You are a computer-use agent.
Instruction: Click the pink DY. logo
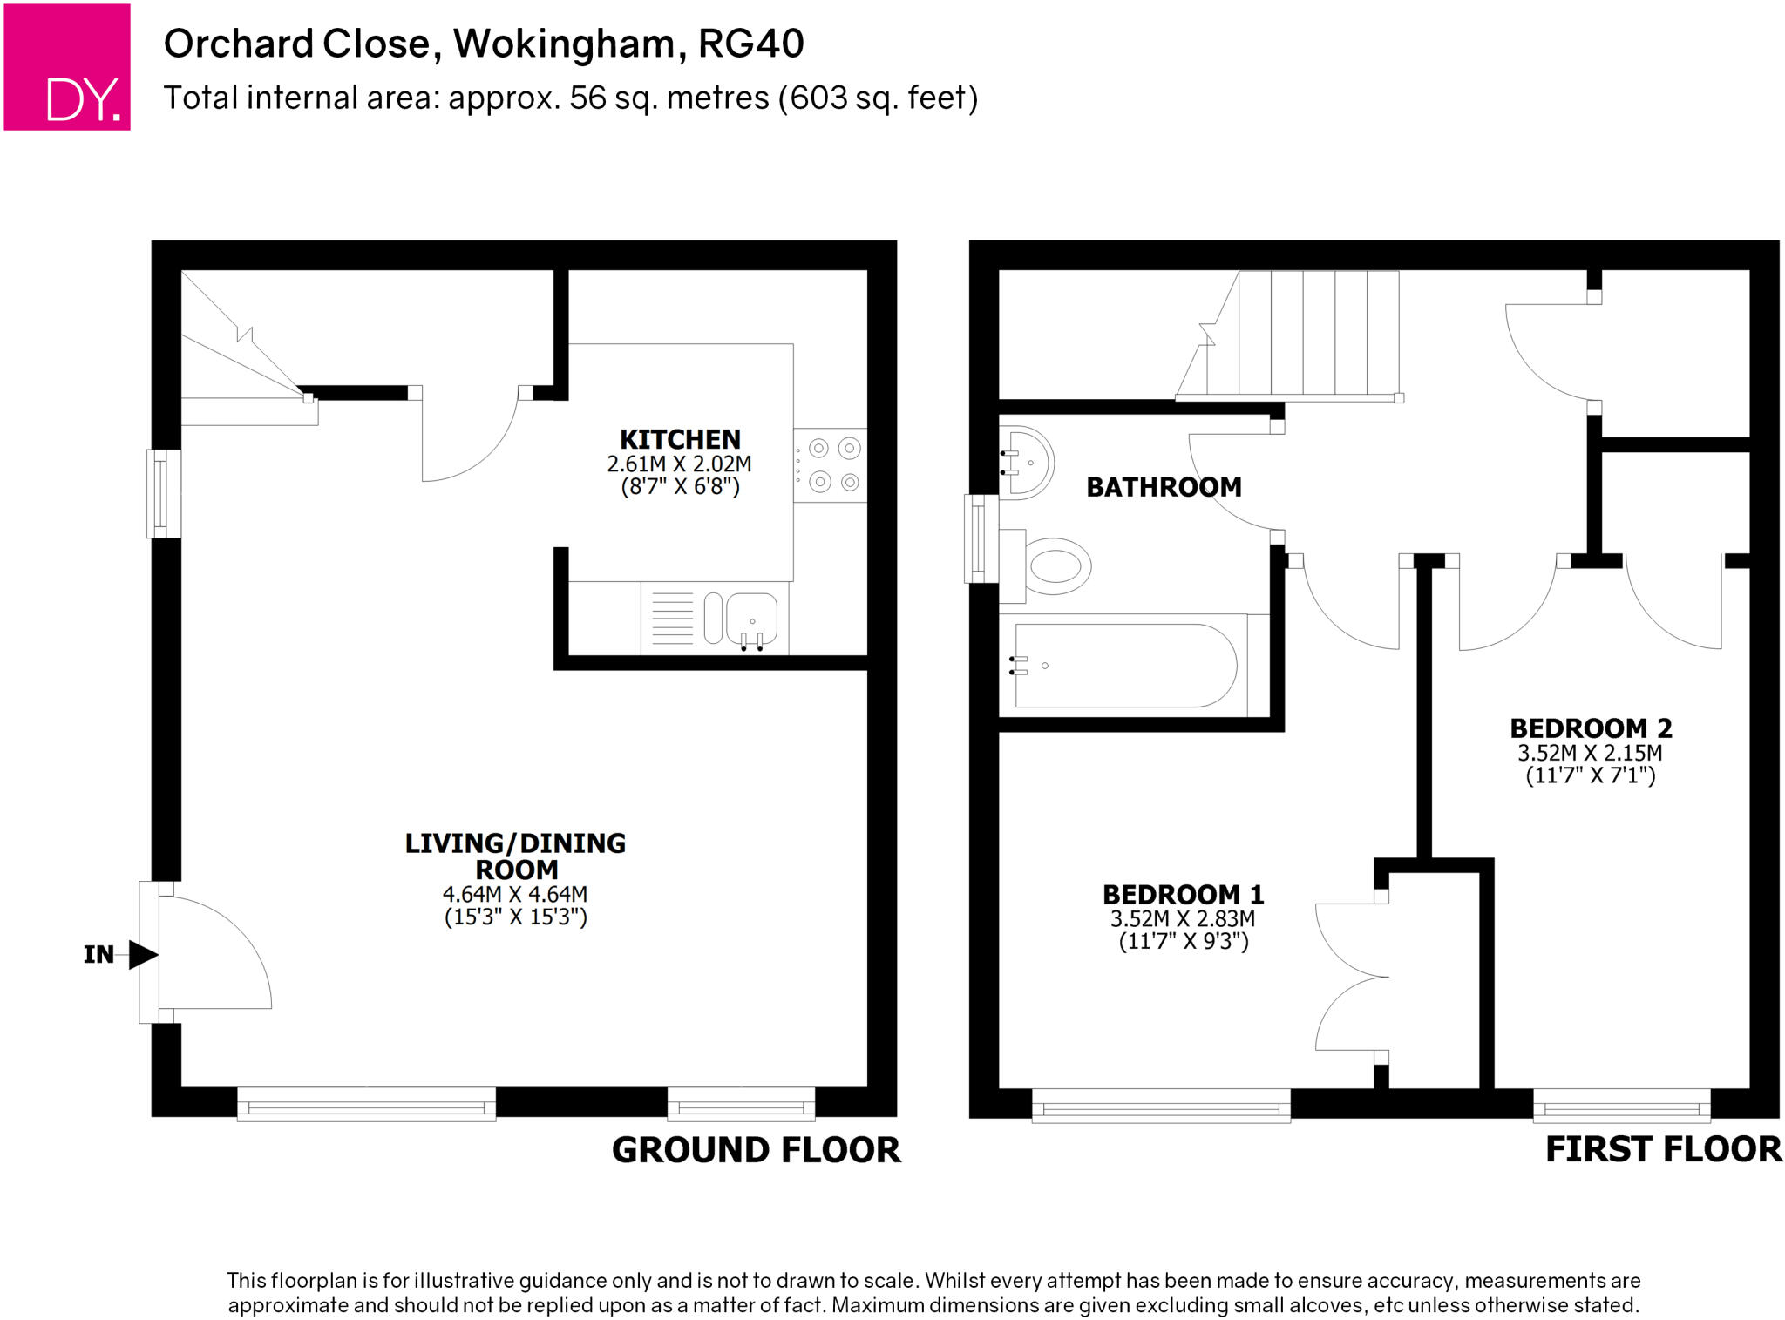pyautogui.click(x=67, y=67)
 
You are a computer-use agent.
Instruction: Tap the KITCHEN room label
pyautogui.click(x=680, y=439)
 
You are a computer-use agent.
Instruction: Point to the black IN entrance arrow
pyautogui.click(x=142, y=954)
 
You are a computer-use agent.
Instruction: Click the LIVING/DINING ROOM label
pyautogui.click(x=515, y=856)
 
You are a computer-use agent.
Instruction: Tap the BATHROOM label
pyautogui.click(x=1164, y=487)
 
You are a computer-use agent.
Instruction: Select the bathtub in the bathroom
pyautogui.click(x=1124, y=666)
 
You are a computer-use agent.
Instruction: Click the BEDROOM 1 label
pyautogui.click(x=1183, y=894)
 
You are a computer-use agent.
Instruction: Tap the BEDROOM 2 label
pyautogui.click(x=1591, y=728)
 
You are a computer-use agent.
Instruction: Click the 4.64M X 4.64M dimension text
pyautogui.click(x=515, y=894)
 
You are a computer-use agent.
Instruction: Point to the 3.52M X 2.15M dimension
pyautogui.click(x=1591, y=753)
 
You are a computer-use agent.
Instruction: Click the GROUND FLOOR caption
pyautogui.click(x=756, y=1149)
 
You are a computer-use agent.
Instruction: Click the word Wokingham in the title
pyautogui.click(x=564, y=44)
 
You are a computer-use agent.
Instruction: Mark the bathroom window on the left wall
pyautogui.click(x=981, y=538)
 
